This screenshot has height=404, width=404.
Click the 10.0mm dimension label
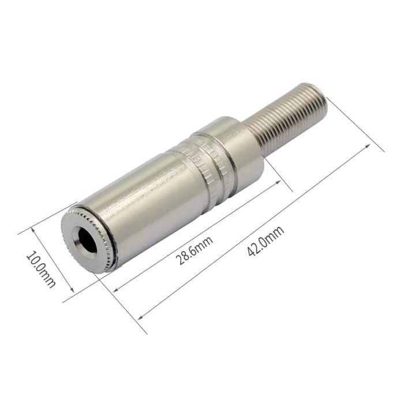pyautogui.click(x=41, y=269)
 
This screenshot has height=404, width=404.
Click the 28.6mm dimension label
pyautogui.click(x=194, y=250)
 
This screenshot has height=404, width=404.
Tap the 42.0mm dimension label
pyautogui.click(x=265, y=241)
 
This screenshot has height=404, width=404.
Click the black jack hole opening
pyautogui.click(x=87, y=241)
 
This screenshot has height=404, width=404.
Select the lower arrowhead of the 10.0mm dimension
pyautogui.click(x=72, y=290)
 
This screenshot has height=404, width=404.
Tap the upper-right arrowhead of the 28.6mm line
pyautogui.click(x=278, y=182)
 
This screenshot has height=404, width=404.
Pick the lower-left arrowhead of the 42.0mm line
pyautogui.click(x=140, y=317)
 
